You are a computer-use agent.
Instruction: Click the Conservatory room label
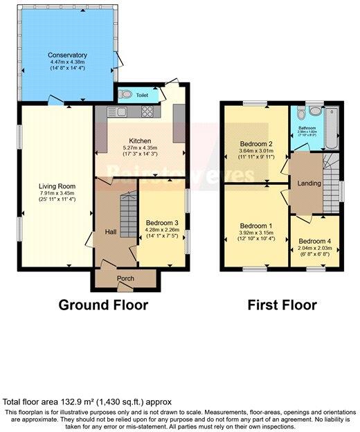[x=67, y=55]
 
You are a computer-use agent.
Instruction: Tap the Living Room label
[x=57, y=186]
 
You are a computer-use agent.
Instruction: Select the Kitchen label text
[x=140, y=140]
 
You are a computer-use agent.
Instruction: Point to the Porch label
[x=125, y=279]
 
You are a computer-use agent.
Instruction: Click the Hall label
[x=110, y=232]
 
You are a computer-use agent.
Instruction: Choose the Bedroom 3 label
[x=162, y=223]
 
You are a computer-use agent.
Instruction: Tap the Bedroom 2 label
[x=255, y=144]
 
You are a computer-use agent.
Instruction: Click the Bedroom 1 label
[x=255, y=226]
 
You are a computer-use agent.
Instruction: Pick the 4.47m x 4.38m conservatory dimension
[x=67, y=62]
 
